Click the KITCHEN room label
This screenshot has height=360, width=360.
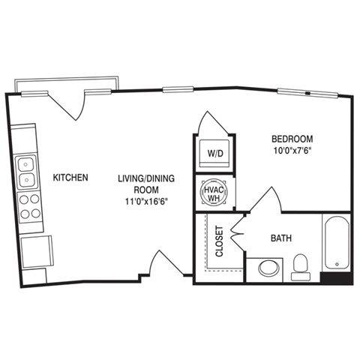pyautogui.click(x=71, y=178)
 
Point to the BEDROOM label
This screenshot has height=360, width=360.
pyautogui.click(x=292, y=139)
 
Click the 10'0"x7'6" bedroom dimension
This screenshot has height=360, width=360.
pyautogui.click(x=292, y=150)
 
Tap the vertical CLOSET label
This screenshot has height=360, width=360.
pyautogui.click(x=220, y=242)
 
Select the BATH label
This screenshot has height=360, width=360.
pyautogui.click(x=281, y=238)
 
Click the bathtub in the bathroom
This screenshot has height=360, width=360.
pyautogui.click(x=337, y=242)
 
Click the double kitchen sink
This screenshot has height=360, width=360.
pyautogui.click(x=27, y=171)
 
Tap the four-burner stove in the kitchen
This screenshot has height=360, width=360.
pyautogui.click(x=30, y=206)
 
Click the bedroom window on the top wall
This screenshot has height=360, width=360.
pyautogui.click(x=307, y=93)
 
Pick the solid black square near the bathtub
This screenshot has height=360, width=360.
pyautogui.click(x=336, y=277)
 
